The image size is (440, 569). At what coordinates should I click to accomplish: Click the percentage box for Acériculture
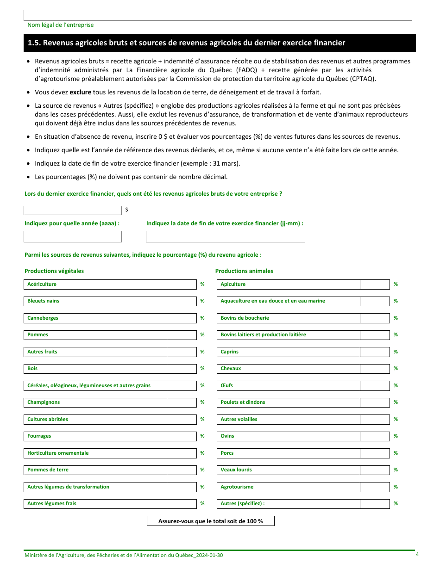pyautogui.click(x=182, y=284)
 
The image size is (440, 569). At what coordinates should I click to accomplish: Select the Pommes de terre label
pyautogui.click(x=48, y=470)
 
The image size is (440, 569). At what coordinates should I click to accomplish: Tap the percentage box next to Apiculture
pyautogui.click(x=375, y=284)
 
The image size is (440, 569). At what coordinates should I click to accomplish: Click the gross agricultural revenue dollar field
pyautogui.click(x=73, y=210)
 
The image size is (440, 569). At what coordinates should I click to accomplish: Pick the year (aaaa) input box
pyautogui.click(x=73, y=237)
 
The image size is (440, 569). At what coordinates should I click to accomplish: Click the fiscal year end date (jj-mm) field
pyautogui.click(x=225, y=237)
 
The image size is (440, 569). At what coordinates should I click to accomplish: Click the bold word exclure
pyautogui.click(x=80, y=92)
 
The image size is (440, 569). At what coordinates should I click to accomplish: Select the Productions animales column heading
pyautogui.click(x=244, y=271)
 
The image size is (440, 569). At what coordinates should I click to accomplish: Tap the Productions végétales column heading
pyautogui.click(x=54, y=271)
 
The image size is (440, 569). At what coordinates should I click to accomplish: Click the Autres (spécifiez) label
pyautogui.click(x=243, y=504)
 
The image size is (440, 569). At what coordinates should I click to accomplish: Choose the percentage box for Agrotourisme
pyautogui.click(x=375, y=487)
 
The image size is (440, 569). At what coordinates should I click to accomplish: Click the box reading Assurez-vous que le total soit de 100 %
pyautogui.click(x=211, y=521)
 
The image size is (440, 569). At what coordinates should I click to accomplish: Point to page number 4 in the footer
pyautogui.click(x=417, y=555)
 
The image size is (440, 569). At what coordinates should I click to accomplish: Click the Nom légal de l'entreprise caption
pyautogui.click(x=60, y=25)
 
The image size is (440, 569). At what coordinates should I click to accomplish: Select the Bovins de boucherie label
pyautogui.click(x=245, y=318)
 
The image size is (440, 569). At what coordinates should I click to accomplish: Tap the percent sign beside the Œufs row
pyautogui.click(x=396, y=386)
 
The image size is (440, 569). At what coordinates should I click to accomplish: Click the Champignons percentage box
pyautogui.click(x=182, y=402)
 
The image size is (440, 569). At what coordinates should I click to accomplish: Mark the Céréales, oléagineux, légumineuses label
pyautogui.click(x=89, y=386)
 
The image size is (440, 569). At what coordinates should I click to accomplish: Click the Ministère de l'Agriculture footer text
pyautogui.click(x=124, y=555)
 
